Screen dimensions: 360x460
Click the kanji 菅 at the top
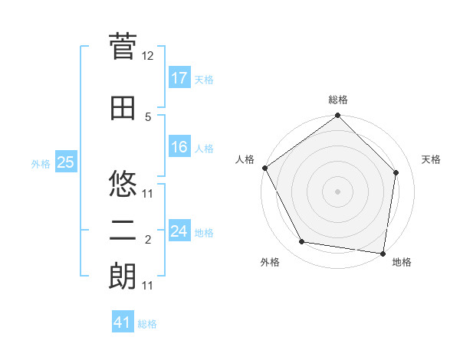(123, 48)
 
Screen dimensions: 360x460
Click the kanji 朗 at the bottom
(123, 277)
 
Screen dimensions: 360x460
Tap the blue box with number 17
(179, 78)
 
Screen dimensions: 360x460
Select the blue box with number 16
(179, 147)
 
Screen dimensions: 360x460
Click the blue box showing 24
(179, 231)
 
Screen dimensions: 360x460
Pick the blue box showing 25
(65, 162)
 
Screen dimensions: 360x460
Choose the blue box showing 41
(123, 322)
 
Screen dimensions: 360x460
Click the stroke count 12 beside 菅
(148, 56)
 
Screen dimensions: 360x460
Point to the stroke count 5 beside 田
(148, 116)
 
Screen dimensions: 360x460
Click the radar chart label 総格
(338, 100)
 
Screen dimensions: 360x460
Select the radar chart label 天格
(432, 159)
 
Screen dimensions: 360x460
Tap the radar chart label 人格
(245, 159)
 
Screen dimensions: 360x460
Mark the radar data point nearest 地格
(383, 253)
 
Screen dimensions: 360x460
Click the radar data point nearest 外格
(302, 242)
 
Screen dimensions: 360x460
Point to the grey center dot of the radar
(338, 191)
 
